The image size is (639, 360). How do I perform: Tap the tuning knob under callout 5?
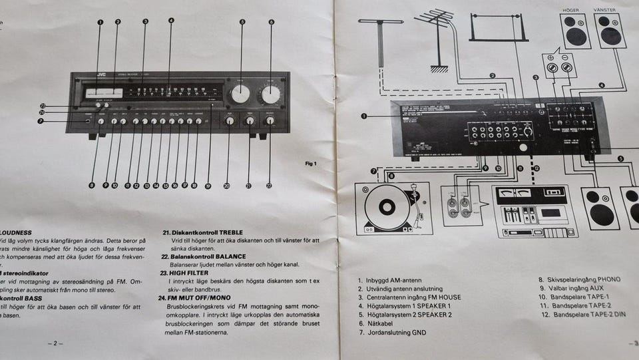[x=240, y=94]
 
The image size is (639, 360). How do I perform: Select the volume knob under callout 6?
[x=270, y=94]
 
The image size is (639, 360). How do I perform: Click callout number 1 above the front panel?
[x=101, y=22]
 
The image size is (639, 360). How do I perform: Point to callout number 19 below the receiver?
[x=208, y=186]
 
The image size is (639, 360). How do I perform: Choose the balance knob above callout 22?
[x=270, y=121]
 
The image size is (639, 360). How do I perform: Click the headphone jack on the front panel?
[x=88, y=121]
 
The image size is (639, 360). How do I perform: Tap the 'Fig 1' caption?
[x=311, y=164]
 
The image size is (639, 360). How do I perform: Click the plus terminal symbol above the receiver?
[x=551, y=67]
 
